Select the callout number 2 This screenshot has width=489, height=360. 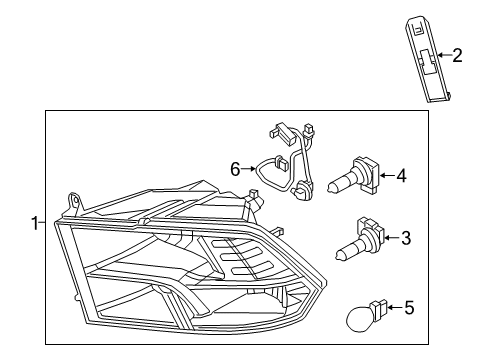pos(457,56)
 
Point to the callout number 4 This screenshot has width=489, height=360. pos(401,177)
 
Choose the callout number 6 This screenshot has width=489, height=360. pos(236,170)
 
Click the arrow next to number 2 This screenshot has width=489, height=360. pos(442,56)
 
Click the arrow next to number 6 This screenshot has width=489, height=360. pos(250,170)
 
